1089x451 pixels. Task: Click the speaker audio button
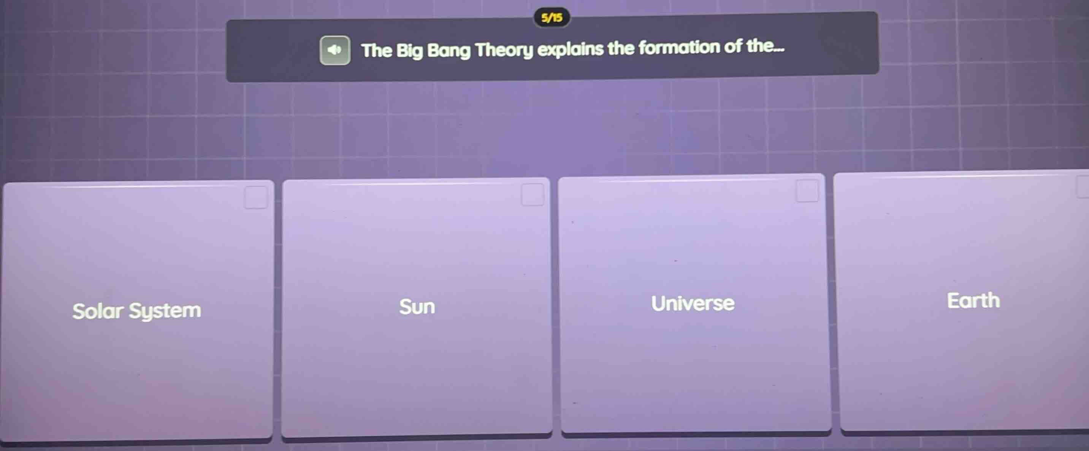pyautogui.click(x=334, y=50)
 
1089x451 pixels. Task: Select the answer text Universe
pyautogui.click(x=693, y=303)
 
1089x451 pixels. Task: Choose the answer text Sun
pyautogui.click(x=417, y=307)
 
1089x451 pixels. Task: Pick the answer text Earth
pyautogui.click(x=973, y=301)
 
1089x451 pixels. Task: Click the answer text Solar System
pyautogui.click(x=136, y=311)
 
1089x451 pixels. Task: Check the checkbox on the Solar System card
pyautogui.click(x=256, y=198)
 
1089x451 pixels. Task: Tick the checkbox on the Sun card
pyautogui.click(x=532, y=195)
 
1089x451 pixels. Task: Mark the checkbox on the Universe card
pyautogui.click(x=807, y=191)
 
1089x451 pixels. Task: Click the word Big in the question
pyautogui.click(x=409, y=51)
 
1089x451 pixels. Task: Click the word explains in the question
pyautogui.click(x=570, y=49)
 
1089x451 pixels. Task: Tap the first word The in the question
pyautogui.click(x=377, y=51)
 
